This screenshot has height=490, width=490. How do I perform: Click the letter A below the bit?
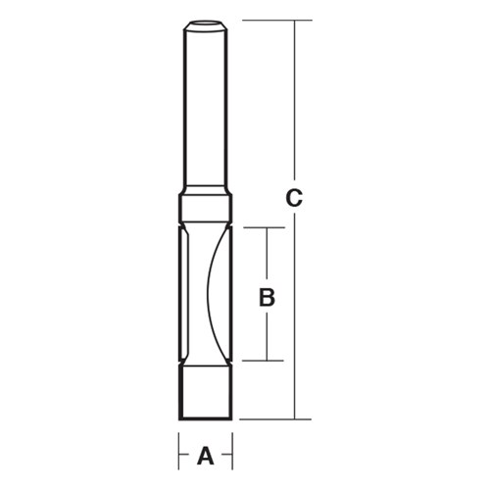click(206, 456)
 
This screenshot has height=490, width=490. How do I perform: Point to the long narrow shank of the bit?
click(206, 108)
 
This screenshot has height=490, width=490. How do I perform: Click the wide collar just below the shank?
click(206, 209)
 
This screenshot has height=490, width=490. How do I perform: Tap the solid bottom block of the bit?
click(206, 391)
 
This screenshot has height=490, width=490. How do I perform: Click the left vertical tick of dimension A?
click(179, 454)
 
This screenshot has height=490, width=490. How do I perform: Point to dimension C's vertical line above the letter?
click(293, 98)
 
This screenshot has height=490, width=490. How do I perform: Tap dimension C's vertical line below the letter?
click(293, 314)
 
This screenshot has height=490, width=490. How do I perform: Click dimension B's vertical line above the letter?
click(266, 255)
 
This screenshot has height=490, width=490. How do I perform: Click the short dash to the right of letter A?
click(224, 456)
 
